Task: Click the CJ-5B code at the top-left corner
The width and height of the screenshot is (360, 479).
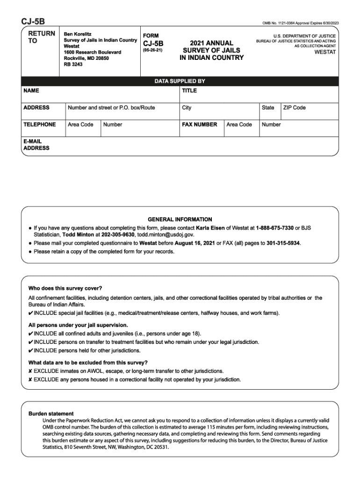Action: pos(32,22)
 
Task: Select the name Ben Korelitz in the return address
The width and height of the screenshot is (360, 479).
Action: pos(78,35)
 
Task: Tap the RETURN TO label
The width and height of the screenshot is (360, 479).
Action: pos(42,37)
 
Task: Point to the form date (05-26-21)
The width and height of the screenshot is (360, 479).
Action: pos(153,50)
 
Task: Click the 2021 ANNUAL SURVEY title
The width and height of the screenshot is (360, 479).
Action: pos(211,50)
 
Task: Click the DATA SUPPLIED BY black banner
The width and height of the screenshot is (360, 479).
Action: pos(180,81)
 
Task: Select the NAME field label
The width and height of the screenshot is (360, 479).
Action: pos(31,90)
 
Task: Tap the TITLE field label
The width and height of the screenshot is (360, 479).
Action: pos(189,90)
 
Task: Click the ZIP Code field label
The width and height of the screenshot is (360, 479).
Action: pos(294,108)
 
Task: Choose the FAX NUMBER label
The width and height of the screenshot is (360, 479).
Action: pos(200,124)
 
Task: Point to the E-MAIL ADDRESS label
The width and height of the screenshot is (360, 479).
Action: pos(36,145)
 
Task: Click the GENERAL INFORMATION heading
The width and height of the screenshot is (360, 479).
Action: pos(180,219)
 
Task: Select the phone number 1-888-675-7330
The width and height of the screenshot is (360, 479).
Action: pos(275,227)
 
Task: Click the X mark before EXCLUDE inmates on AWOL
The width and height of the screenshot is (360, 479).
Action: pos(30,371)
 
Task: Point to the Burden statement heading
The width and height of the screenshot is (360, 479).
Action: pos(51,414)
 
